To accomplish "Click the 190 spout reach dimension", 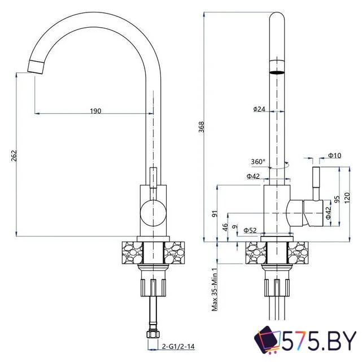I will coord(95,111).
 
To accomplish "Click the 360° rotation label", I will coord(258,162).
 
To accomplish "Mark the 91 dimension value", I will coord(215,214).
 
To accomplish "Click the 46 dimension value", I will coord(225,227).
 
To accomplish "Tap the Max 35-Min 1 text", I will coord(215,290).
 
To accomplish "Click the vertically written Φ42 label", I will coord(327,213).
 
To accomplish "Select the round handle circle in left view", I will coord(150,213).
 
